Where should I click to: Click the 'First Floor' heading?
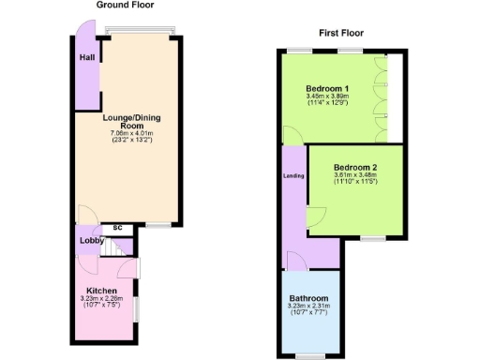coord(341,33)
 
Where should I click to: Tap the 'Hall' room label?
coord(86,58)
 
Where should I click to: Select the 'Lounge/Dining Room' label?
coord(124,122)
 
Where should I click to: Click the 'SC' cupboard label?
coord(117,227)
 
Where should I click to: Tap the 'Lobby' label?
coord(91,241)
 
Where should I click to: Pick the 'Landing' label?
coord(292,175)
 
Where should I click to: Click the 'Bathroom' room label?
coord(308,298)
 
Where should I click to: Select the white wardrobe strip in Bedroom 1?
coord(394,94)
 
